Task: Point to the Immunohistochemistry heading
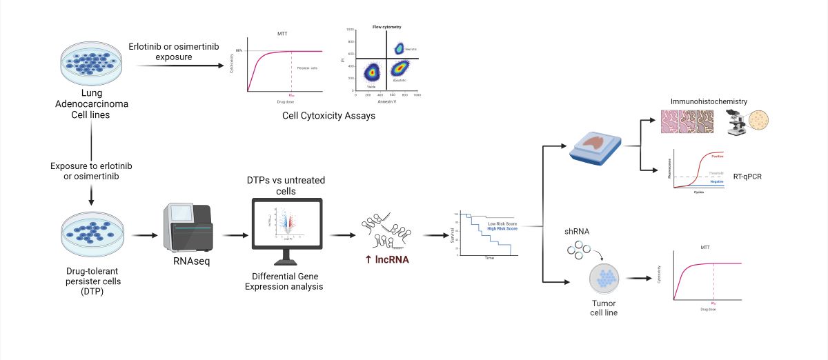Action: pyautogui.click(x=709, y=101)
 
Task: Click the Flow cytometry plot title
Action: pyautogui.click(x=382, y=26)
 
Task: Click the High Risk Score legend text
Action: pyautogui.click(x=502, y=228)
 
